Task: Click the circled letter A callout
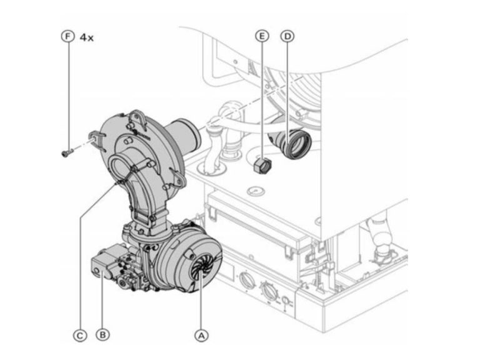click(x=201, y=335)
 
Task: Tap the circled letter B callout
click(x=102, y=335)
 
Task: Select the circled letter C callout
click(x=80, y=335)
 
